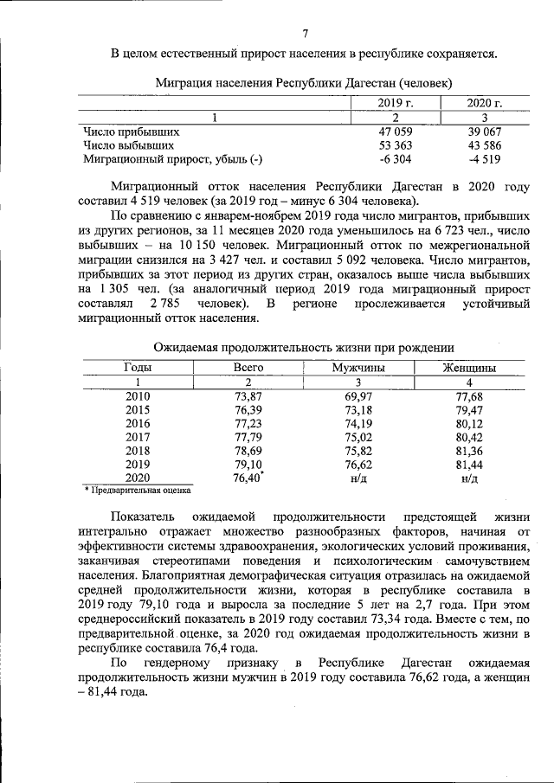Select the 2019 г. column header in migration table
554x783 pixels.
pyautogui.click(x=394, y=103)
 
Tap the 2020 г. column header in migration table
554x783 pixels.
pyautogui.click(x=485, y=103)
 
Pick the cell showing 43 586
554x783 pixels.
pyautogui.click(x=485, y=145)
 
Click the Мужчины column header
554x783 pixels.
pyautogui.click(x=359, y=368)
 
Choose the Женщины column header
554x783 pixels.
pyautogui.click(x=469, y=368)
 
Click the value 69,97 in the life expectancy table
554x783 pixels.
pyautogui.click(x=359, y=395)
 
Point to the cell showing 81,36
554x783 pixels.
pyautogui.click(x=469, y=451)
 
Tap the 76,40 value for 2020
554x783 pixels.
pyautogui.click(x=247, y=478)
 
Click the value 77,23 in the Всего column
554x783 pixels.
pyautogui.click(x=248, y=423)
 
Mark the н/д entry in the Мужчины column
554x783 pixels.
pyautogui.click(x=359, y=478)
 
